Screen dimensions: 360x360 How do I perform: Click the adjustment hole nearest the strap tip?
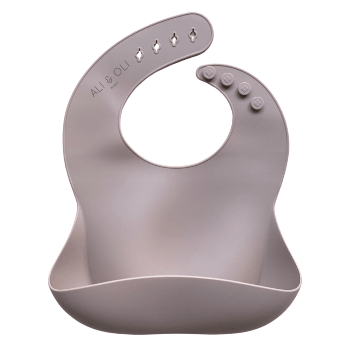192,34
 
